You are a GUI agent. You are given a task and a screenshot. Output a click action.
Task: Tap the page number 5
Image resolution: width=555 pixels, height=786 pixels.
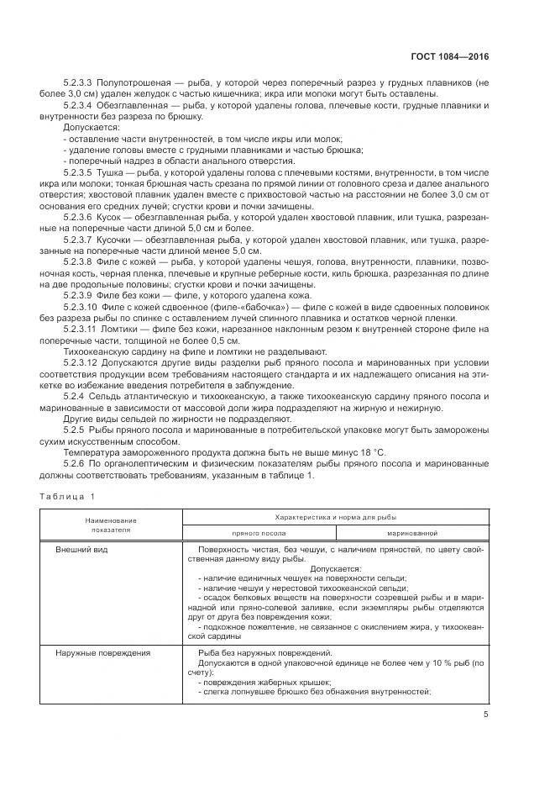pyautogui.click(x=485, y=715)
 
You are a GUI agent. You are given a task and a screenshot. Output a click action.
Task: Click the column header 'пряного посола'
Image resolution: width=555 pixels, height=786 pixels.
pyautogui.click(x=259, y=532)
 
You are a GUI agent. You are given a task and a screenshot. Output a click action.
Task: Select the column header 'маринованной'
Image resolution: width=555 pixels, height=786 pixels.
pyautogui.click(x=411, y=532)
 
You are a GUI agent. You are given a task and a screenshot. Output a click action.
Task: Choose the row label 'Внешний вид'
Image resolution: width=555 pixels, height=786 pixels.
pyautogui.click(x=81, y=548)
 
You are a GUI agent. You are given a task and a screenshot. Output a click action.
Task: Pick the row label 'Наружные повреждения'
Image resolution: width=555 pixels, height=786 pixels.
pyautogui.click(x=102, y=653)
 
